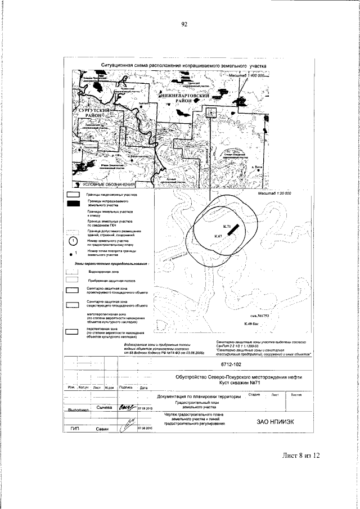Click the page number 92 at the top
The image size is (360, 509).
click(x=183, y=24)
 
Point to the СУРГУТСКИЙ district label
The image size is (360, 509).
click(x=89, y=113)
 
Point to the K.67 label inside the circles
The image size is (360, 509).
click(x=218, y=235)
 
